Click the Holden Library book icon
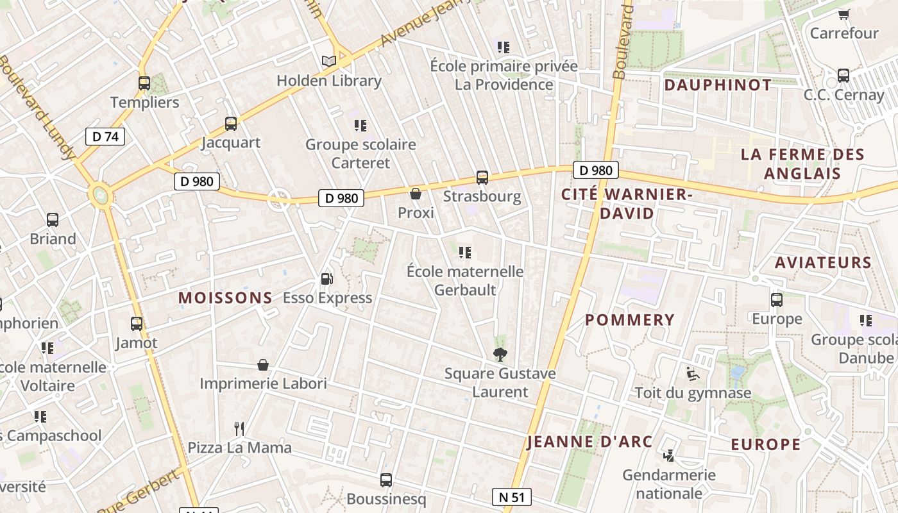(329, 61)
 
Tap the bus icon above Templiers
(144, 83)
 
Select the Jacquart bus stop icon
(231, 123)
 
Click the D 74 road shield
(105, 136)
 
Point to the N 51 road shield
(512, 497)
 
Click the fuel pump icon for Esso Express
(326, 278)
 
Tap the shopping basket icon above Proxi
(416, 193)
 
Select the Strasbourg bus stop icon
(482, 177)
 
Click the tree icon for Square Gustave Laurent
(500, 354)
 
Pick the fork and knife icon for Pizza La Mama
(239, 428)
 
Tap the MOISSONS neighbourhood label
(225, 298)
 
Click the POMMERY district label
(630, 319)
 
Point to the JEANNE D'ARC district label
(589, 442)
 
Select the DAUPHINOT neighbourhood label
(718, 85)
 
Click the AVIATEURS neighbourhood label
(823, 262)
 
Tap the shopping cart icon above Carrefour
(843, 14)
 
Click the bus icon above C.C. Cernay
(843, 75)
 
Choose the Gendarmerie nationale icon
(669, 455)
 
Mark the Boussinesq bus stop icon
(386, 480)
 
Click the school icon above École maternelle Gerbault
(465, 252)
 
